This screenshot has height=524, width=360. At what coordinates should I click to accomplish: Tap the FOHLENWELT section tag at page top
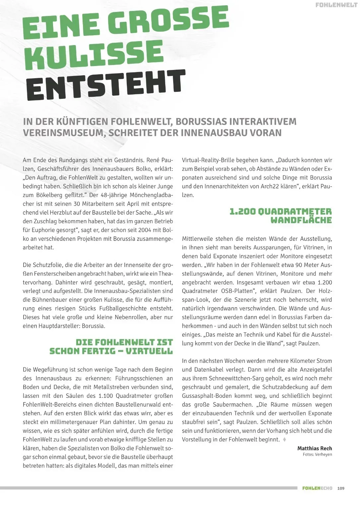pos(336,5)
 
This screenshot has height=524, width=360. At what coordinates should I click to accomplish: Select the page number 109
pos(341,488)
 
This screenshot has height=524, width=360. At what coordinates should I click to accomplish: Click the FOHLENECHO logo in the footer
pos(317,488)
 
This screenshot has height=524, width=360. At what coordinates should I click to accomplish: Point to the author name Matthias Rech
pos(315,448)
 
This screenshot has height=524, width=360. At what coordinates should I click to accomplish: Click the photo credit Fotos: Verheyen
pos(317,455)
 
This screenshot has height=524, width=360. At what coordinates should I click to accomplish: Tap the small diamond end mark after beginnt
pos(284,440)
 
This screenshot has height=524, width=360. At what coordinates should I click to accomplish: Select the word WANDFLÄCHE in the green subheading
pos(301,220)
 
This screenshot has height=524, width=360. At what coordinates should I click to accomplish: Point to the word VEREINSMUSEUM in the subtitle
pos(63,133)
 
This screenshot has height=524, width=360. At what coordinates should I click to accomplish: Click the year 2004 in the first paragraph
pos(148,230)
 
